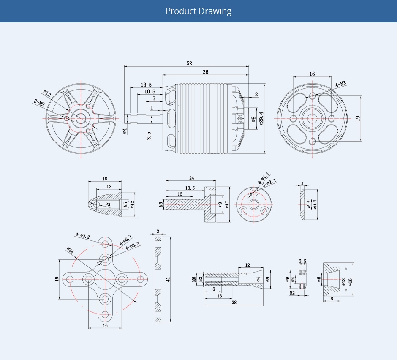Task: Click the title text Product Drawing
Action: [198, 11]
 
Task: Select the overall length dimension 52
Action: [189, 63]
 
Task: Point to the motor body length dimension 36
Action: [206, 72]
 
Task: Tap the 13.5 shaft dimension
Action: [146, 85]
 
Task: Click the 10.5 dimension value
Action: [150, 92]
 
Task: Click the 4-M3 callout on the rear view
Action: [340, 84]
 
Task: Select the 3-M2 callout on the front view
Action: [39, 103]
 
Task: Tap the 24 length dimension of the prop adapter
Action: [191, 178]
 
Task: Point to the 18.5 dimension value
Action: [190, 188]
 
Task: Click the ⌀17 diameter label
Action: [227, 205]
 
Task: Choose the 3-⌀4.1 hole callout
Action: [264, 177]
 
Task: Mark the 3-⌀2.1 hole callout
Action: [269, 183]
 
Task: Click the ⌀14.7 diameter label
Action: [315, 205]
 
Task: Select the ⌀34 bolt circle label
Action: [70, 251]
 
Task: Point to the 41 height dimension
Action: [168, 279]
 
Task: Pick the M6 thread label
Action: [194, 279]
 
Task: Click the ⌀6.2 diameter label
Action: [309, 205]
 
